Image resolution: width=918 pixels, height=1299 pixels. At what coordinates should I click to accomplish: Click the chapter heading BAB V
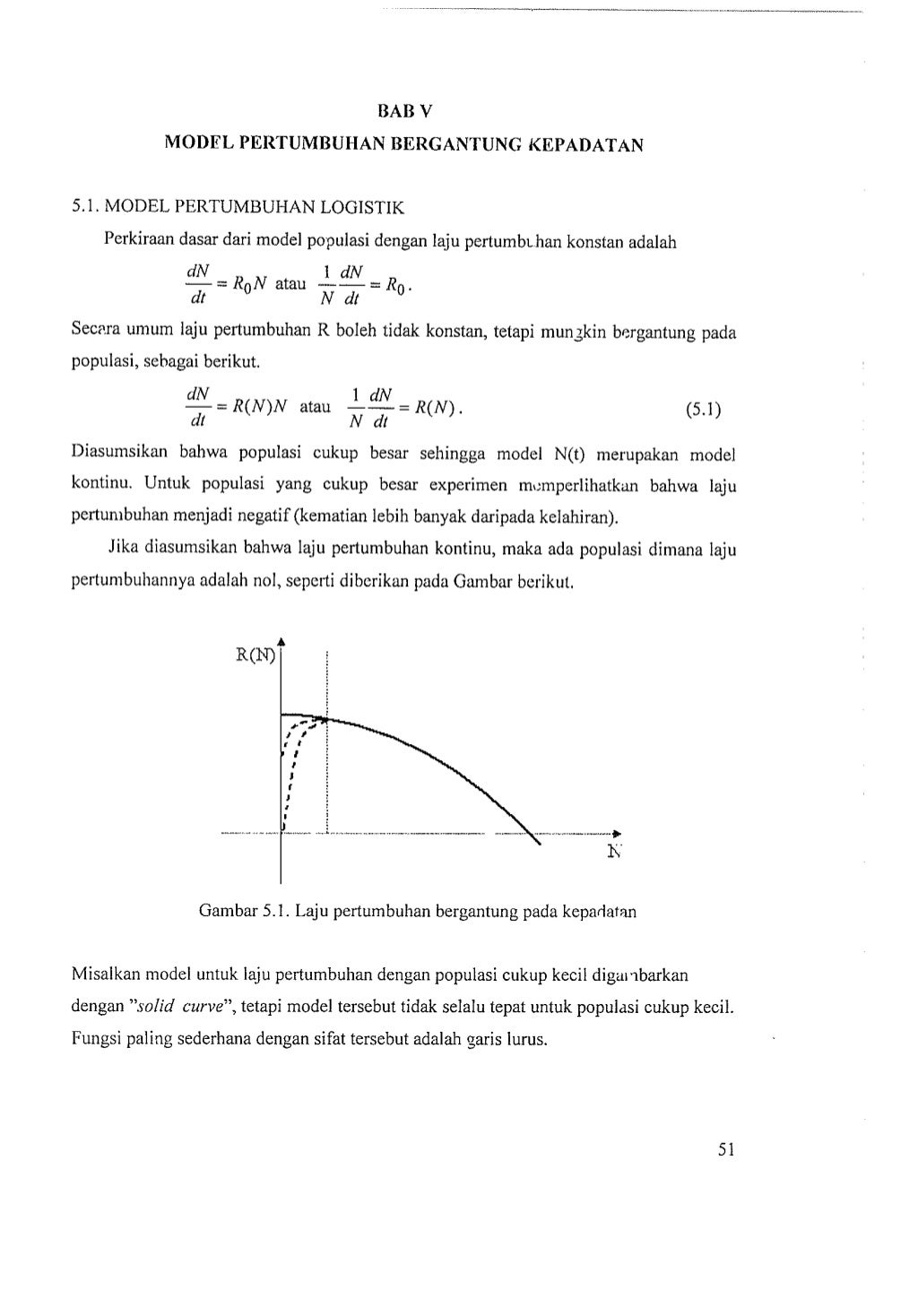pos(404,112)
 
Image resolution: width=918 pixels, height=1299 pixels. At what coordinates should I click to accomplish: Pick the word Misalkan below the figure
pos(107,974)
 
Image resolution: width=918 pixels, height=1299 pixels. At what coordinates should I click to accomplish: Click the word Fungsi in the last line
pos(96,1041)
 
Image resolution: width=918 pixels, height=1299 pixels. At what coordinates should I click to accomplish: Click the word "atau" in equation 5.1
pos(315,407)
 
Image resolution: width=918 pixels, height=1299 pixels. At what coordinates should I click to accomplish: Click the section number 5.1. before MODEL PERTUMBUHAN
pos(86,209)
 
